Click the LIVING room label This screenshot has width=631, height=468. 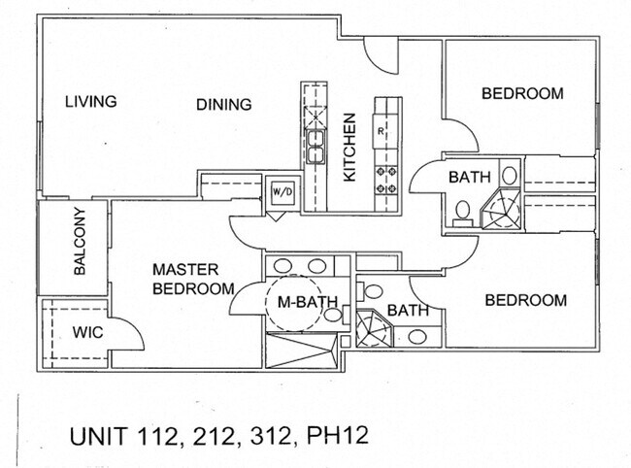tap(91, 101)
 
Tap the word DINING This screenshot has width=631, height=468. tap(223, 105)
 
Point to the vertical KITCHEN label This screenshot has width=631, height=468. tap(349, 148)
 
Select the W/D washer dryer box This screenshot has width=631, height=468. tap(282, 192)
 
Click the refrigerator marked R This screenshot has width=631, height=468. tap(385, 132)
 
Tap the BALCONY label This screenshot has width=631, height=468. tap(80, 242)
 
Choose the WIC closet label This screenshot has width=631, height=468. tap(87, 332)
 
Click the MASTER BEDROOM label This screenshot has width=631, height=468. tap(193, 280)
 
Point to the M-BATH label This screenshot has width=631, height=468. tap(308, 302)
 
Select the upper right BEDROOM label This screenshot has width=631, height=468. tap(522, 93)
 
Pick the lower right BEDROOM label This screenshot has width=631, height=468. tap(525, 300)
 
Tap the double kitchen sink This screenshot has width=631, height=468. tap(315, 147)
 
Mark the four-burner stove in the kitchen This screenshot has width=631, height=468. tap(386, 180)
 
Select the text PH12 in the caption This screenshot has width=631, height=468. tap(337, 435)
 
